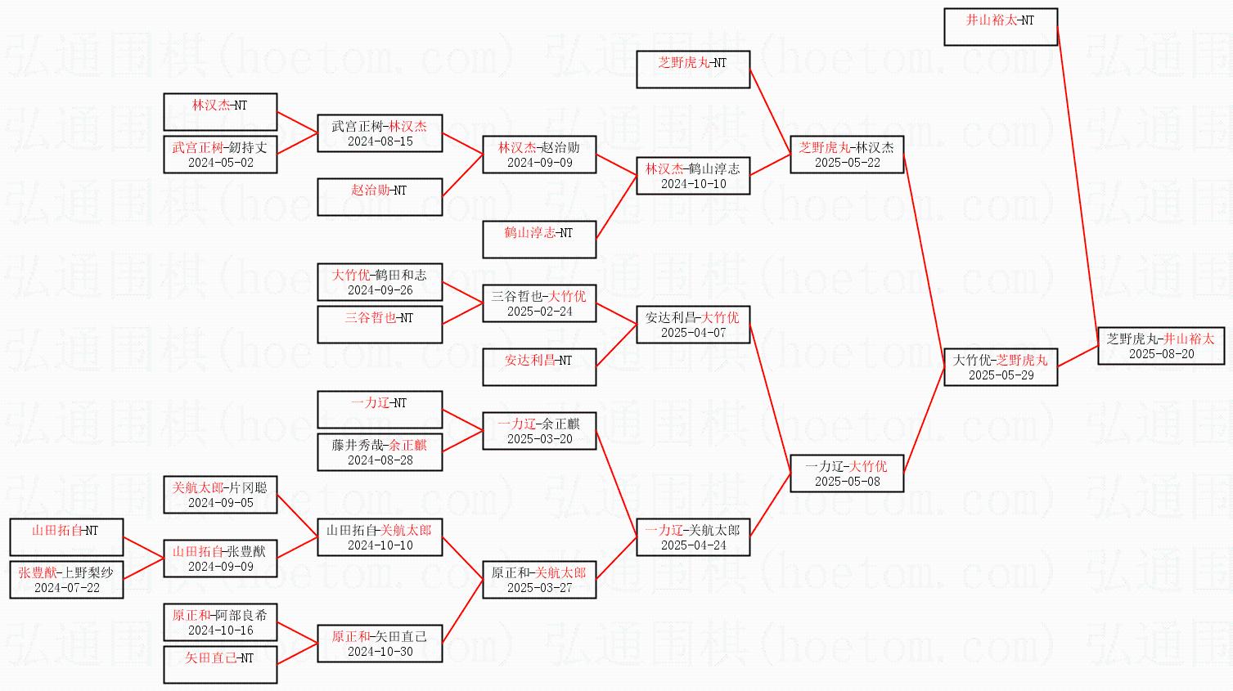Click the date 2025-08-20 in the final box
1161,354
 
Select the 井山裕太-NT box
1000,27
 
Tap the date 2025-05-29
1001,375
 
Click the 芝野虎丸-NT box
693,70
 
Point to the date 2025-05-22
847,163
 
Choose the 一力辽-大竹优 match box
846,473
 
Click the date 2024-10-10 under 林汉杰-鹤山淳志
693,184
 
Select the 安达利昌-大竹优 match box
693,325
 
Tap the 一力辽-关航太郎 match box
693,537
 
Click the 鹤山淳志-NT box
539,240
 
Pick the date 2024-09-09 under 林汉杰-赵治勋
539,163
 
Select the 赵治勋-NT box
380,197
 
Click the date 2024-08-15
380,141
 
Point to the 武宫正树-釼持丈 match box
220,155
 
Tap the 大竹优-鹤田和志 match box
380,282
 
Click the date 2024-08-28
380,460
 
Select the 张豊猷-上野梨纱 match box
66,580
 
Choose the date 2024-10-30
380,652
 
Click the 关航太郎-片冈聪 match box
220,495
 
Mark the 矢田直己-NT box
220,665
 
